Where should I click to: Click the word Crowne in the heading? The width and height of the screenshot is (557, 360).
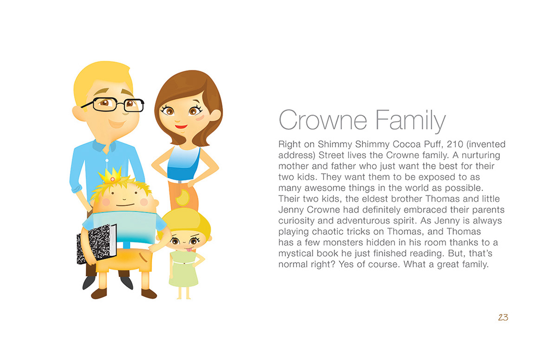[x=323, y=120]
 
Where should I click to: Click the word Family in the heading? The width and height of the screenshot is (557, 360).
[x=410, y=121]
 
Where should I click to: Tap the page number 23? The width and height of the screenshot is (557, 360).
[x=503, y=317]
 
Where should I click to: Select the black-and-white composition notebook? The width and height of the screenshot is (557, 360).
[x=97, y=243]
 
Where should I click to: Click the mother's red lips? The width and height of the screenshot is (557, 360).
[x=181, y=127]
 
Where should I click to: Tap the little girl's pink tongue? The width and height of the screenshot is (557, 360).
[x=189, y=249]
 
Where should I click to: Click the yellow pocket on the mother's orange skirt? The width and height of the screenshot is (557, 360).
[x=182, y=198]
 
